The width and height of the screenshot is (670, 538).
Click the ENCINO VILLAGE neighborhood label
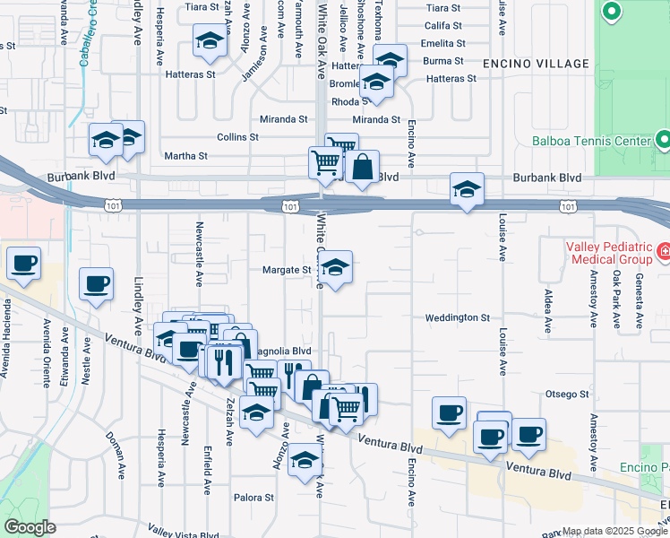tap(536, 64)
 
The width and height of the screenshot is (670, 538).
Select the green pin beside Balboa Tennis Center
tap(663, 140)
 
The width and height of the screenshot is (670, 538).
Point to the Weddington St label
tap(458, 317)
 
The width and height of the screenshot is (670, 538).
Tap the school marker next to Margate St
tap(335, 269)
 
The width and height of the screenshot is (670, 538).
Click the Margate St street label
tap(286, 270)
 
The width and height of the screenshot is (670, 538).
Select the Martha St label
tap(186, 156)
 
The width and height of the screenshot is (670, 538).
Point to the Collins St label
tap(237, 137)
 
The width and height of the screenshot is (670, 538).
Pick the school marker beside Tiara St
tap(210, 42)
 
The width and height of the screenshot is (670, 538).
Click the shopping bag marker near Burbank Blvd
tap(362, 168)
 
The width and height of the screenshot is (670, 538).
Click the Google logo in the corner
tap(30, 527)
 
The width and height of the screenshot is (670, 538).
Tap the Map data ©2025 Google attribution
tap(614, 532)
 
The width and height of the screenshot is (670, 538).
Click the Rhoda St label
tap(344, 101)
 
